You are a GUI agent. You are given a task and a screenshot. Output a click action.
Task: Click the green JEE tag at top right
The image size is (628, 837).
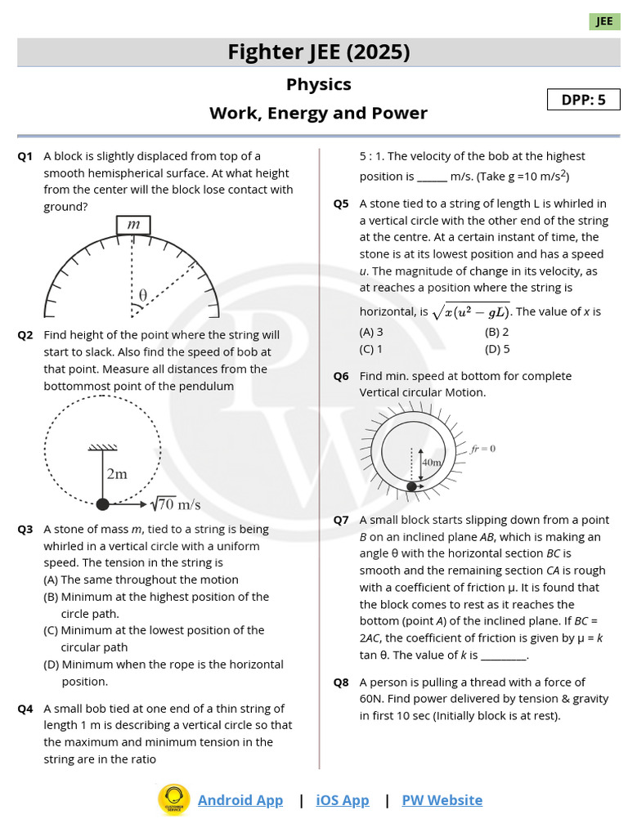(604, 21)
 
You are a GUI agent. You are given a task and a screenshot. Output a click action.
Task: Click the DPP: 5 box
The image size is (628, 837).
(583, 100)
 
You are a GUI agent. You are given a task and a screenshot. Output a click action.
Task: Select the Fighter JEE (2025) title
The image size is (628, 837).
(318, 52)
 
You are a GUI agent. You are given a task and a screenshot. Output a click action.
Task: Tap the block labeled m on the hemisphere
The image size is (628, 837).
(132, 225)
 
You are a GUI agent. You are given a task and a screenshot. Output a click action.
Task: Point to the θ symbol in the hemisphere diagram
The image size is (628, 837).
(142, 294)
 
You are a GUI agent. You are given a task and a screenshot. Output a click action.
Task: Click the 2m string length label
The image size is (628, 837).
(116, 473)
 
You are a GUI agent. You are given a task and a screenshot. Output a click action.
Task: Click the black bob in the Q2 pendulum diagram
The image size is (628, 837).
(102, 504)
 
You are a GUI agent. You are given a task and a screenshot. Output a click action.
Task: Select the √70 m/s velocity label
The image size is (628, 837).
(177, 504)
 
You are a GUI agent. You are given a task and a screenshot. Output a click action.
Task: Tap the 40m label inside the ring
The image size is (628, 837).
(431, 462)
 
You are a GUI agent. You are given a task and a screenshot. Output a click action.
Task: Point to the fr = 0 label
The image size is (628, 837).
(483, 449)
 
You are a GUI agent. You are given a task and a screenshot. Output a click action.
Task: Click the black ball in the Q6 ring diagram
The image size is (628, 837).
(412, 486)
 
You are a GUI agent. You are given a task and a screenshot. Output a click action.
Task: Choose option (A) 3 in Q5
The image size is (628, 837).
(371, 332)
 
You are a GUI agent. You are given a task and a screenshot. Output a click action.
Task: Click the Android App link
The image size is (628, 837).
(240, 800)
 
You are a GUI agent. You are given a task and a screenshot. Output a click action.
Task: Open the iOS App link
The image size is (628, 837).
(342, 800)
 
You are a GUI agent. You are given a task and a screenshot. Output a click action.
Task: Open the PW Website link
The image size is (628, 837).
(442, 800)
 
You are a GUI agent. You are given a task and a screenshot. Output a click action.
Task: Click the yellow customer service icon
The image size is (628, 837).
(173, 799)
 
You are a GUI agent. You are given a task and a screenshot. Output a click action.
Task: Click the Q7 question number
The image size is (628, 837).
(341, 520)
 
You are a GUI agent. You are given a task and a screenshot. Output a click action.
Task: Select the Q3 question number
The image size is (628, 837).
(25, 530)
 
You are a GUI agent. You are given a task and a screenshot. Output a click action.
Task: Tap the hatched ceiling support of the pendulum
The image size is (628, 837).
(102, 447)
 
